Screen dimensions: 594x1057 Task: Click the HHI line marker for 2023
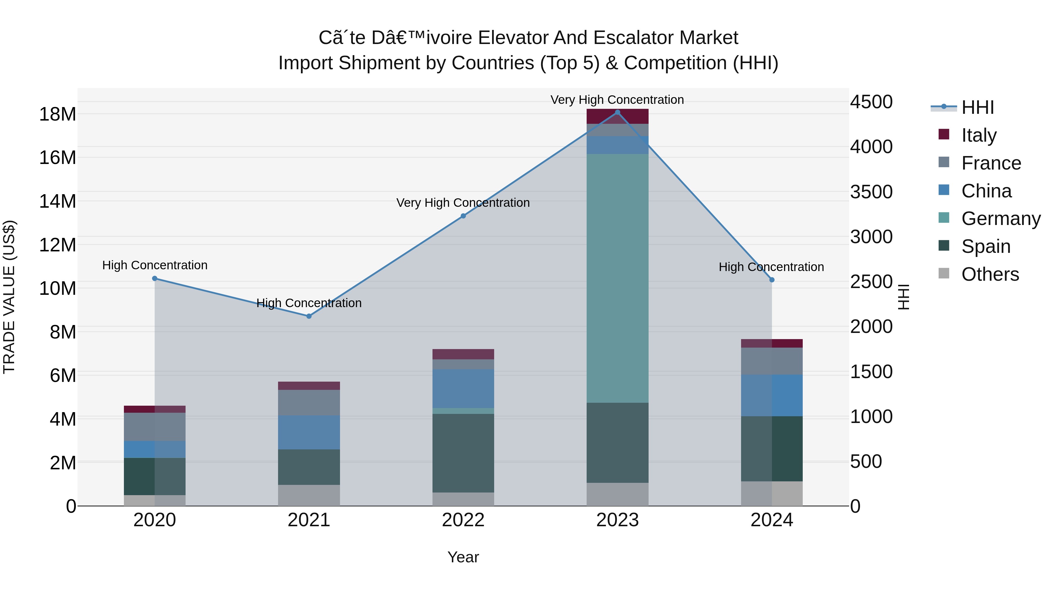617,112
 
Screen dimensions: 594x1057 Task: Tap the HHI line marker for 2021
309,316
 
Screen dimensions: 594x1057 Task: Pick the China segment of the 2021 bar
309,432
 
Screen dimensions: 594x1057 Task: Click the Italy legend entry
978,135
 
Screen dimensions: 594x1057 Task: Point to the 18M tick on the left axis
58,114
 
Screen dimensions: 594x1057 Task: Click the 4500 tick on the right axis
871,102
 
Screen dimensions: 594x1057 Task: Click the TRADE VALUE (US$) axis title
9,297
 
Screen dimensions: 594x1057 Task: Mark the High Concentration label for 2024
771,267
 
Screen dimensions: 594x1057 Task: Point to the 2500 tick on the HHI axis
871,282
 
